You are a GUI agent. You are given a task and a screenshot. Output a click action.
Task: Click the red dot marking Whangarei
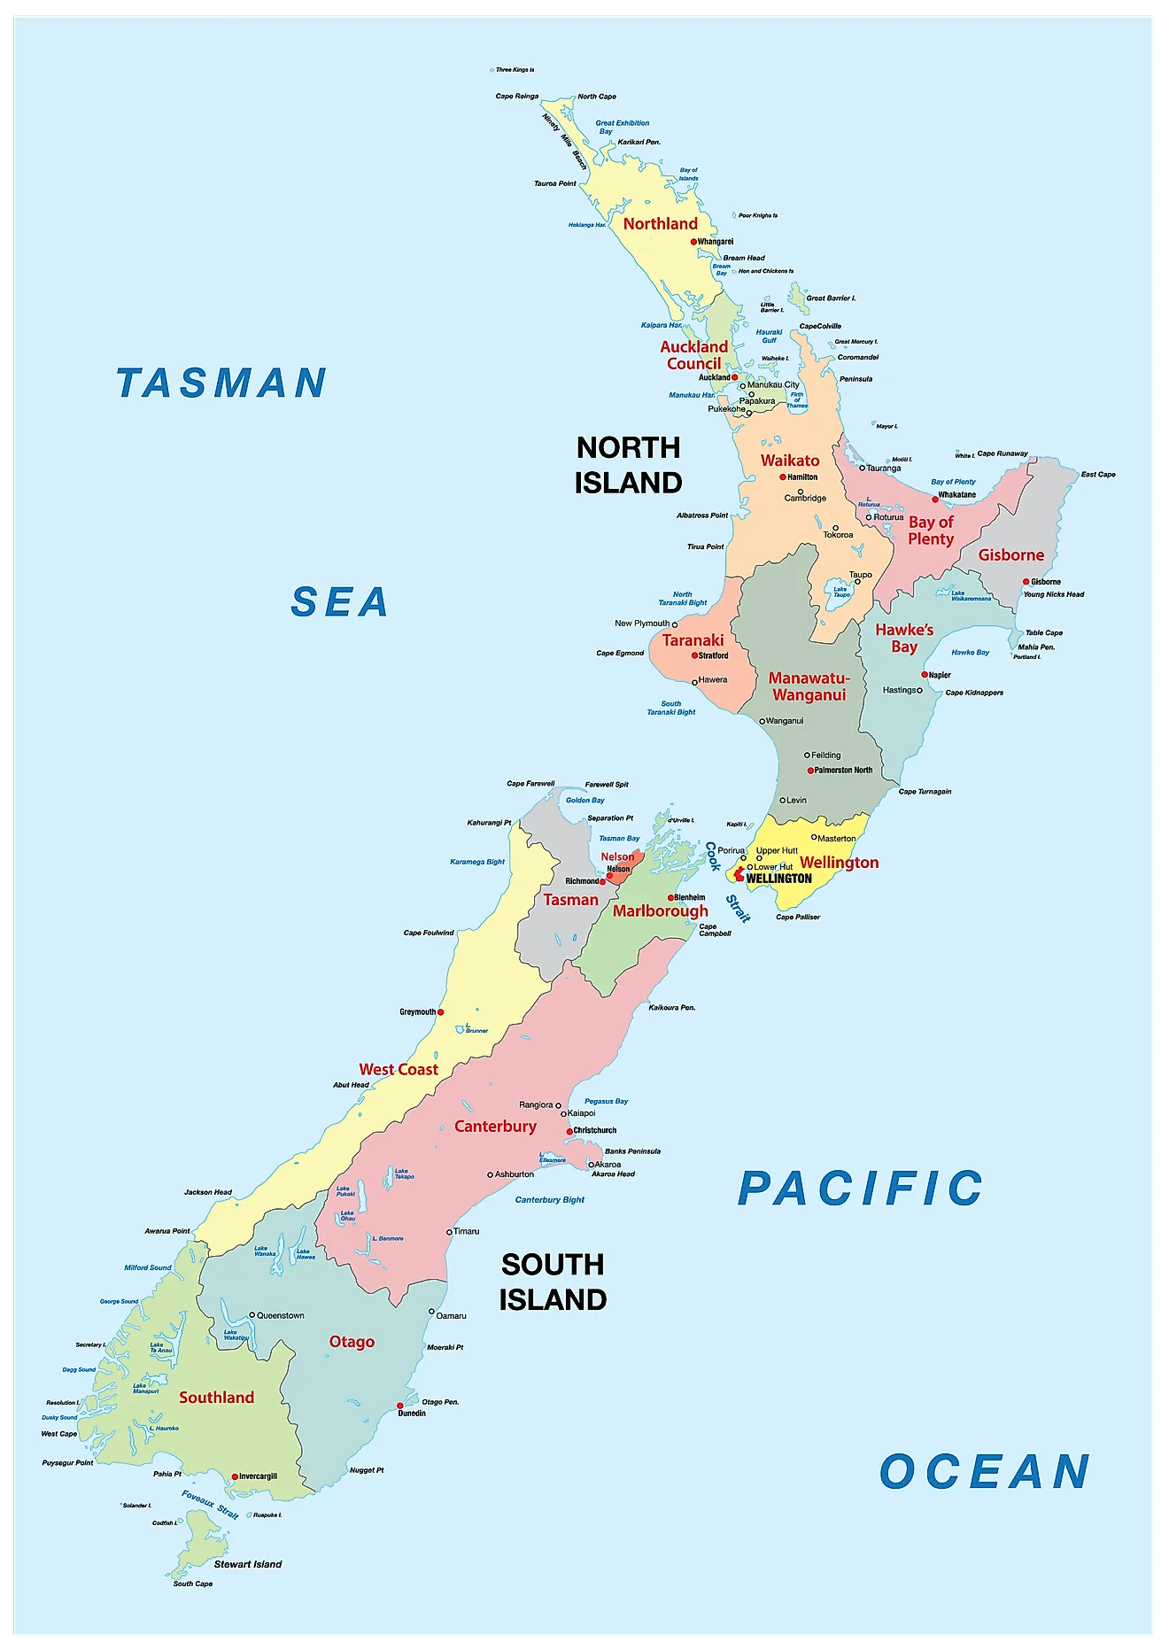tap(694, 241)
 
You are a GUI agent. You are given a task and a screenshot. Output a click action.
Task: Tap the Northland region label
tap(660, 224)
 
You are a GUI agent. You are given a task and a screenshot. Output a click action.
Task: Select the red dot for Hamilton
tap(783, 477)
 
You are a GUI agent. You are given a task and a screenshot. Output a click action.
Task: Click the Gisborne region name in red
tap(1010, 555)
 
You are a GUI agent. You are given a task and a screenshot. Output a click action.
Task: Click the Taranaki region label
tap(693, 640)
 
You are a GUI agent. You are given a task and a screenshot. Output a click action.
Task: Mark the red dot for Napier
tap(925, 675)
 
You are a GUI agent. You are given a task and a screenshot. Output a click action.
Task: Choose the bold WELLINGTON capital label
tap(778, 879)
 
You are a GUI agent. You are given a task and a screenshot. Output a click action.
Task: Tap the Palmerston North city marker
tap(810, 771)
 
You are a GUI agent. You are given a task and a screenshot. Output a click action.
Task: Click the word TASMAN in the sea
tap(221, 383)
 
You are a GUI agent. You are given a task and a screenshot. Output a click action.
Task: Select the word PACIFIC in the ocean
tap(860, 1189)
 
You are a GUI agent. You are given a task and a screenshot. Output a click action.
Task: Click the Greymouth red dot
tap(441, 1011)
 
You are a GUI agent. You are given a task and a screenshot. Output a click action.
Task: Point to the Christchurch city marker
tap(569, 1131)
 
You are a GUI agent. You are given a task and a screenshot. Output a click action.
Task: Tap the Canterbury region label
tap(495, 1127)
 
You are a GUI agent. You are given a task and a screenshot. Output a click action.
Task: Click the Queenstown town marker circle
tap(252, 1315)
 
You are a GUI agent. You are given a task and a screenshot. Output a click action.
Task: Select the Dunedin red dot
tap(400, 1406)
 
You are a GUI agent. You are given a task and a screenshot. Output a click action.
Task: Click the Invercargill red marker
tap(235, 1476)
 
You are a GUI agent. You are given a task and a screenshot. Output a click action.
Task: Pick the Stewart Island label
tap(248, 1564)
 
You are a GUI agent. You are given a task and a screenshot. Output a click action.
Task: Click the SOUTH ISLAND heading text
tap(553, 1282)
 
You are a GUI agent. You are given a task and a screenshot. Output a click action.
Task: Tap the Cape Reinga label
tap(516, 97)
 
